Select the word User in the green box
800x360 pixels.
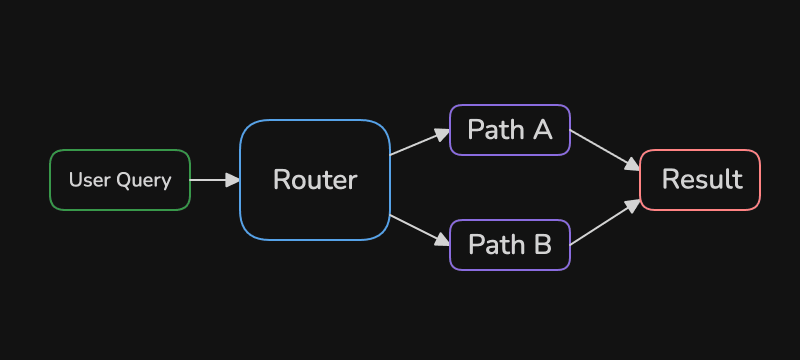89,179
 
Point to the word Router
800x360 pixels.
315,179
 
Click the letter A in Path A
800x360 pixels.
542,130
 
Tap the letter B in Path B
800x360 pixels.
542,245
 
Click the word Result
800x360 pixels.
702,179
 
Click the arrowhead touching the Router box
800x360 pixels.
233,180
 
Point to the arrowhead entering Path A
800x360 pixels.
442,134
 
